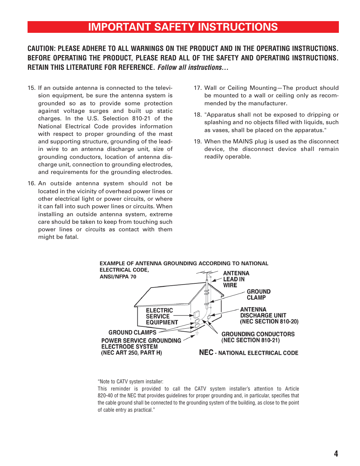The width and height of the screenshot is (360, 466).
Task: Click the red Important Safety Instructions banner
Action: pos(183,27)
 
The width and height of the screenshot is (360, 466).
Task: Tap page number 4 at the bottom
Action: pos(336,454)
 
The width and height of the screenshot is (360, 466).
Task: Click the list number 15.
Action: pos(31,88)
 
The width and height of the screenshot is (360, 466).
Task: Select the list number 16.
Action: pos(31,183)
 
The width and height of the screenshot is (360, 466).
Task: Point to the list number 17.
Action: pos(198,88)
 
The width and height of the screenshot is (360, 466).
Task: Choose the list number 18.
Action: pos(198,115)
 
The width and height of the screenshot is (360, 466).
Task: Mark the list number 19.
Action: pos(198,141)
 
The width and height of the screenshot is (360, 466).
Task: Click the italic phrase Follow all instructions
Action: pos(192,68)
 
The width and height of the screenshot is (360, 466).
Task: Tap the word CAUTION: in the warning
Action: pos(42,49)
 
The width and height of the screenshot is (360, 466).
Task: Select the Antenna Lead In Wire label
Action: pos(236,279)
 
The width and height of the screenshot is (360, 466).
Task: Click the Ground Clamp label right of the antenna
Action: pos(258,294)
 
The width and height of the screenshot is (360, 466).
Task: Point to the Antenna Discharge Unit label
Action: pos(269,315)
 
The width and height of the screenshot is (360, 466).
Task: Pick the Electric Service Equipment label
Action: pos(162,316)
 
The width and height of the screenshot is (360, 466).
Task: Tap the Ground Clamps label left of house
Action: pos(132,332)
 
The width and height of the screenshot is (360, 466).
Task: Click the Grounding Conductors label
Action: pos(258,337)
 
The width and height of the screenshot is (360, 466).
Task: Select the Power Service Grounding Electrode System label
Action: pos(141,346)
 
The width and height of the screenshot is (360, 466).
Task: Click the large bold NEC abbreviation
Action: pos(206,352)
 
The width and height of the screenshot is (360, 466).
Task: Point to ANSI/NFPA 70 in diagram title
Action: pos(118,277)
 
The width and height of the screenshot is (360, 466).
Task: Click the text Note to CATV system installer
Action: pos(131,381)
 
